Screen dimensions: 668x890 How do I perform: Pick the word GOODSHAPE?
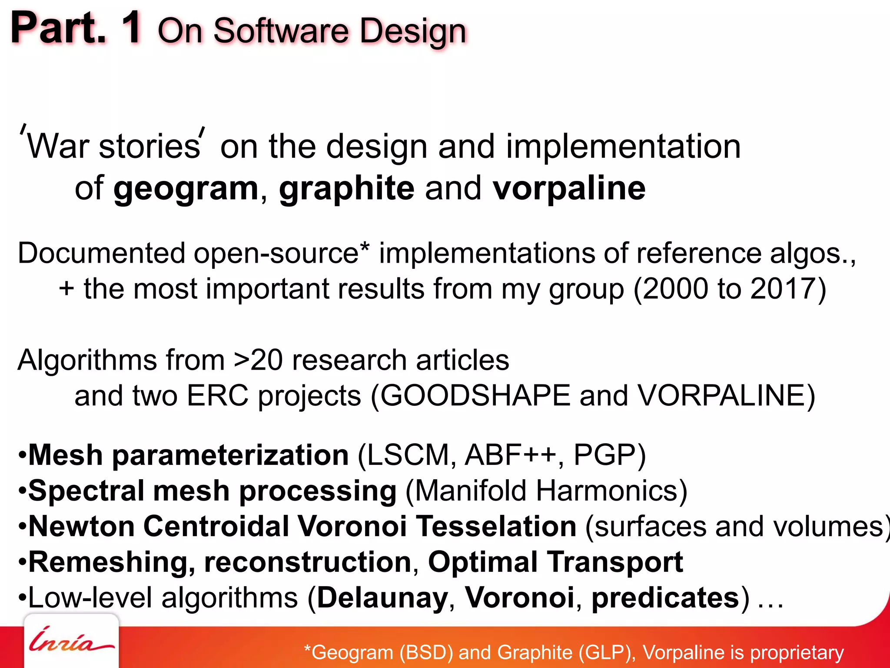(x=475, y=396)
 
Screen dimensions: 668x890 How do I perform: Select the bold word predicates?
(x=665, y=598)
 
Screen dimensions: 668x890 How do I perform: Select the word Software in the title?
(x=281, y=31)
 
